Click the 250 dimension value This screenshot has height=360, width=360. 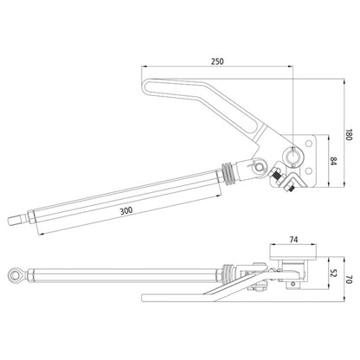(x=217, y=61)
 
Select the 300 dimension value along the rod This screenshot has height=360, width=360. (x=126, y=210)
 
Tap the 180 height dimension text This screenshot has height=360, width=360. (x=349, y=134)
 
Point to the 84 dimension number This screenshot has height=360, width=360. (x=333, y=161)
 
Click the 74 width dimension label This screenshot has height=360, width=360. (x=293, y=240)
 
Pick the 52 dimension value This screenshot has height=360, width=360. (x=333, y=273)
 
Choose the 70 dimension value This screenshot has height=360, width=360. (x=349, y=280)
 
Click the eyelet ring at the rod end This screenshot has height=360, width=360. (x=14, y=274)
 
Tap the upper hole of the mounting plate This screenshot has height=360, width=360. (x=309, y=144)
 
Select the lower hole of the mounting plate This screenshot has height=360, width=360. (x=309, y=171)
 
